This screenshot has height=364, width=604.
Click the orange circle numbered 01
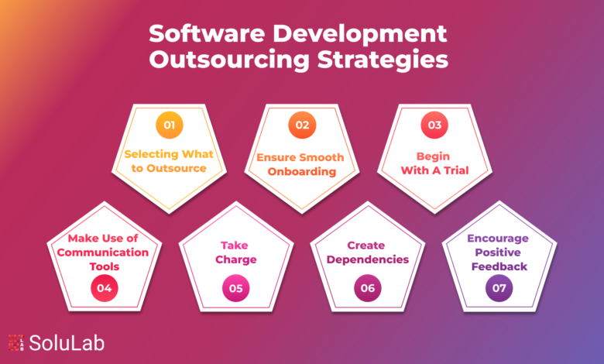click(x=170, y=125)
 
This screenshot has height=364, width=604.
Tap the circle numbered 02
click(x=302, y=125)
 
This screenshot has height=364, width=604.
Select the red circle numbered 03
click(x=434, y=125)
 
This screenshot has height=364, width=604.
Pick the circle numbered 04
click(x=105, y=288)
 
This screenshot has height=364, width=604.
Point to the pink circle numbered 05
click(x=236, y=288)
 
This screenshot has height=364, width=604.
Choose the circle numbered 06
click(x=368, y=288)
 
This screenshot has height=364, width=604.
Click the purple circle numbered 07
click(x=499, y=288)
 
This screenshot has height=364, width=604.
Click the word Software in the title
click(x=207, y=33)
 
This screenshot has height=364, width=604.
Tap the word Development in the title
click(x=360, y=35)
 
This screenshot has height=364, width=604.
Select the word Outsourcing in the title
click(x=229, y=60)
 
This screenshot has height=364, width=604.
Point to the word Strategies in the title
click(x=383, y=60)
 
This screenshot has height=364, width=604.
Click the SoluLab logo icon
click(x=16, y=343)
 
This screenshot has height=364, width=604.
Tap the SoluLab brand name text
click(x=67, y=343)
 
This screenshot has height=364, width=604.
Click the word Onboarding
click(x=302, y=171)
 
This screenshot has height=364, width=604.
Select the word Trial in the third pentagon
click(x=456, y=170)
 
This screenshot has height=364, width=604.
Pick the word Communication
click(x=103, y=252)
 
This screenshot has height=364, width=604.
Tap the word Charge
click(x=236, y=259)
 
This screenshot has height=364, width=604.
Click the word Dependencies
click(x=368, y=259)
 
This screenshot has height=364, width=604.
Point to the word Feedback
click(x=499, y=266)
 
